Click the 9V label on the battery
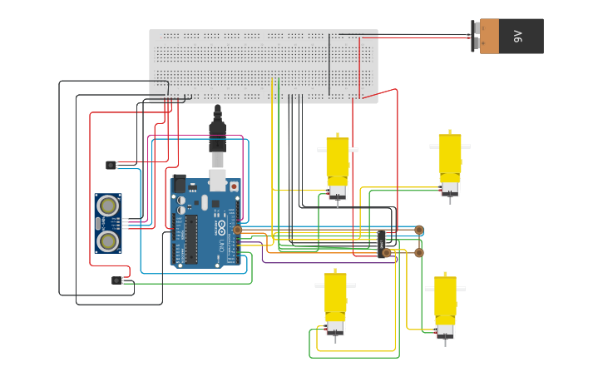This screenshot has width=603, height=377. pyautogui.click(x=518, y=37)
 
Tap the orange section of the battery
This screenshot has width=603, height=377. pyautogui.click(x=489, y=37)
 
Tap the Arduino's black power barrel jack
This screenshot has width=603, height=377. pyautogui.click(x=179, y=183)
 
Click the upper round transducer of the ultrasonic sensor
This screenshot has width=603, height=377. pyautogui.click(x=107, y=206)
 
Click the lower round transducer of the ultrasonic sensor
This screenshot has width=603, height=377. pyautogui.click(x=107, y=241)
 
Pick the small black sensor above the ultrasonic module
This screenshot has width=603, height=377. pyautogui.click(x=111, y=165)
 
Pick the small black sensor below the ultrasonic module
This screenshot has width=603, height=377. pyautogui.click(x=116, y=280)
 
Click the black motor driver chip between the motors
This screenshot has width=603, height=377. pyautogui.click(x=382, y=244)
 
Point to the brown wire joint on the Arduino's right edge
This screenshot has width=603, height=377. pyautogui.click(x=237, y=230)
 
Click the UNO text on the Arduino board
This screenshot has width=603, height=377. pyautogui.click(x=221, y=236)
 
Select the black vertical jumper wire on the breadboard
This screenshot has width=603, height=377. pyautogui.click(x=329, y=65)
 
